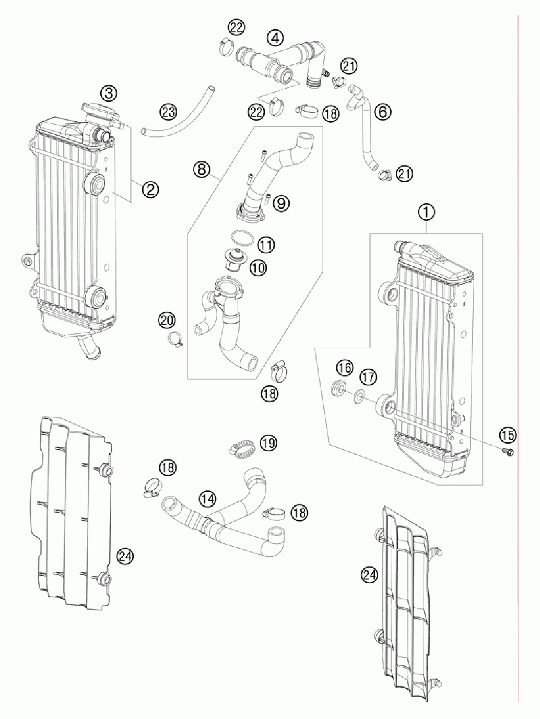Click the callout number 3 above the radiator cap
109,93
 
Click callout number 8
202,169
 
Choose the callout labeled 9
281,203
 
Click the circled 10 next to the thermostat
258,268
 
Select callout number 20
168,320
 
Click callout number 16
345,368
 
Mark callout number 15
507,434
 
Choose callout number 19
268,443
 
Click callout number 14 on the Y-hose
208,499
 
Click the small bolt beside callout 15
507,451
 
